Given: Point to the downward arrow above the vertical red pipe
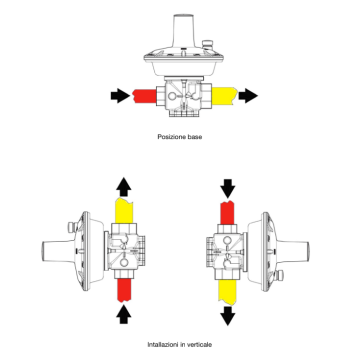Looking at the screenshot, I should pos(228,187).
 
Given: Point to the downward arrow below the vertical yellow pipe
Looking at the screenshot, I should pos(228,312).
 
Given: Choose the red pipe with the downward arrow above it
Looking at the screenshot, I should pos(228,211).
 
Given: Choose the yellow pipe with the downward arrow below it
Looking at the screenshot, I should pos(228,288).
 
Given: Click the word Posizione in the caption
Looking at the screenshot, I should pos(171,136).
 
